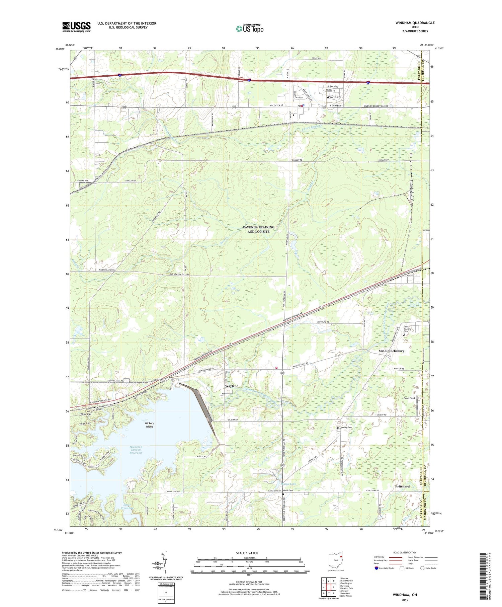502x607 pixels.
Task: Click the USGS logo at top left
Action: tap(76, 27)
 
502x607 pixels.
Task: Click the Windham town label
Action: tap(334, 97)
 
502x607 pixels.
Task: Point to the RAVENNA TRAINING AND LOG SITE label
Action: tap(258, 229)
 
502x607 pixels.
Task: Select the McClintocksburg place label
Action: tap(391, 351)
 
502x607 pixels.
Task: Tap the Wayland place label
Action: tap(232, 386)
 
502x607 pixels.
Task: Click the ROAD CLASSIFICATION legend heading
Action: tap(405, 552)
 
